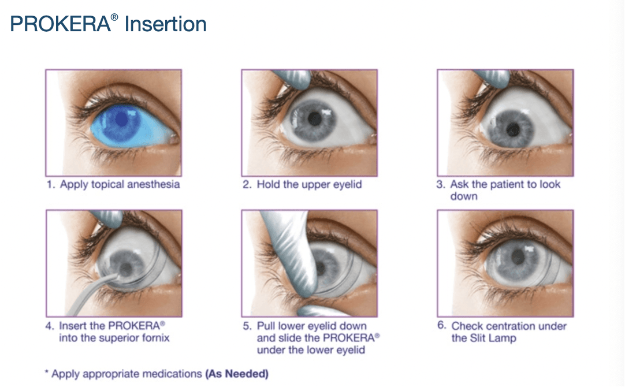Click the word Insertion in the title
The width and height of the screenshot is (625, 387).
point(166,25)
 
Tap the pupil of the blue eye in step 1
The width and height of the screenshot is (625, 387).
point(121,119)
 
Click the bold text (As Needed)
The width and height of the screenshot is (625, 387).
point(237,374)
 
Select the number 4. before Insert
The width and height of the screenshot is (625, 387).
point(49,326)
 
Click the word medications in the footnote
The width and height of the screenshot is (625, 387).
point(171,374)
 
